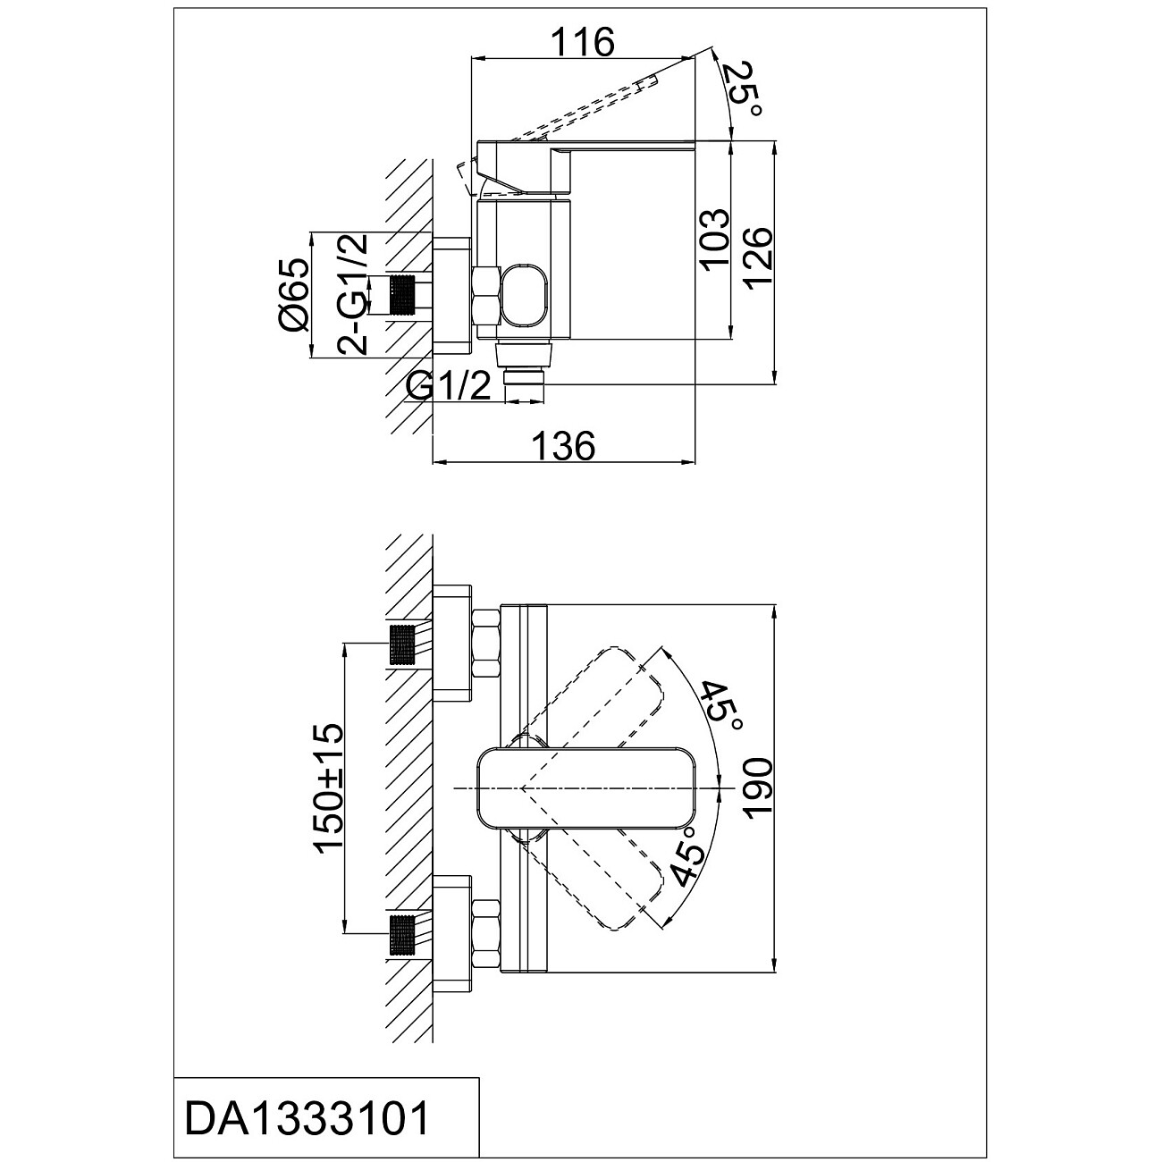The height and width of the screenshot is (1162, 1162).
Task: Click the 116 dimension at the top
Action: [582, 41]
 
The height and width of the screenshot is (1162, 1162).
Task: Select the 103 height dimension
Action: [713, 240]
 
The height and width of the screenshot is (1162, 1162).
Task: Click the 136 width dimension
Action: [563, 444]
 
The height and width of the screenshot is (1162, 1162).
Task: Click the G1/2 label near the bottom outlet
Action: [448, 386]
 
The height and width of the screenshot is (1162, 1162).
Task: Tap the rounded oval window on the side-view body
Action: [524, 297]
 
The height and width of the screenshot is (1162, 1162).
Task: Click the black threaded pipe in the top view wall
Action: [405, 296]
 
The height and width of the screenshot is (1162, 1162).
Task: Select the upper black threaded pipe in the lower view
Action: [404, 644]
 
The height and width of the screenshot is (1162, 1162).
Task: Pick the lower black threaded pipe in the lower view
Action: [404, 934]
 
